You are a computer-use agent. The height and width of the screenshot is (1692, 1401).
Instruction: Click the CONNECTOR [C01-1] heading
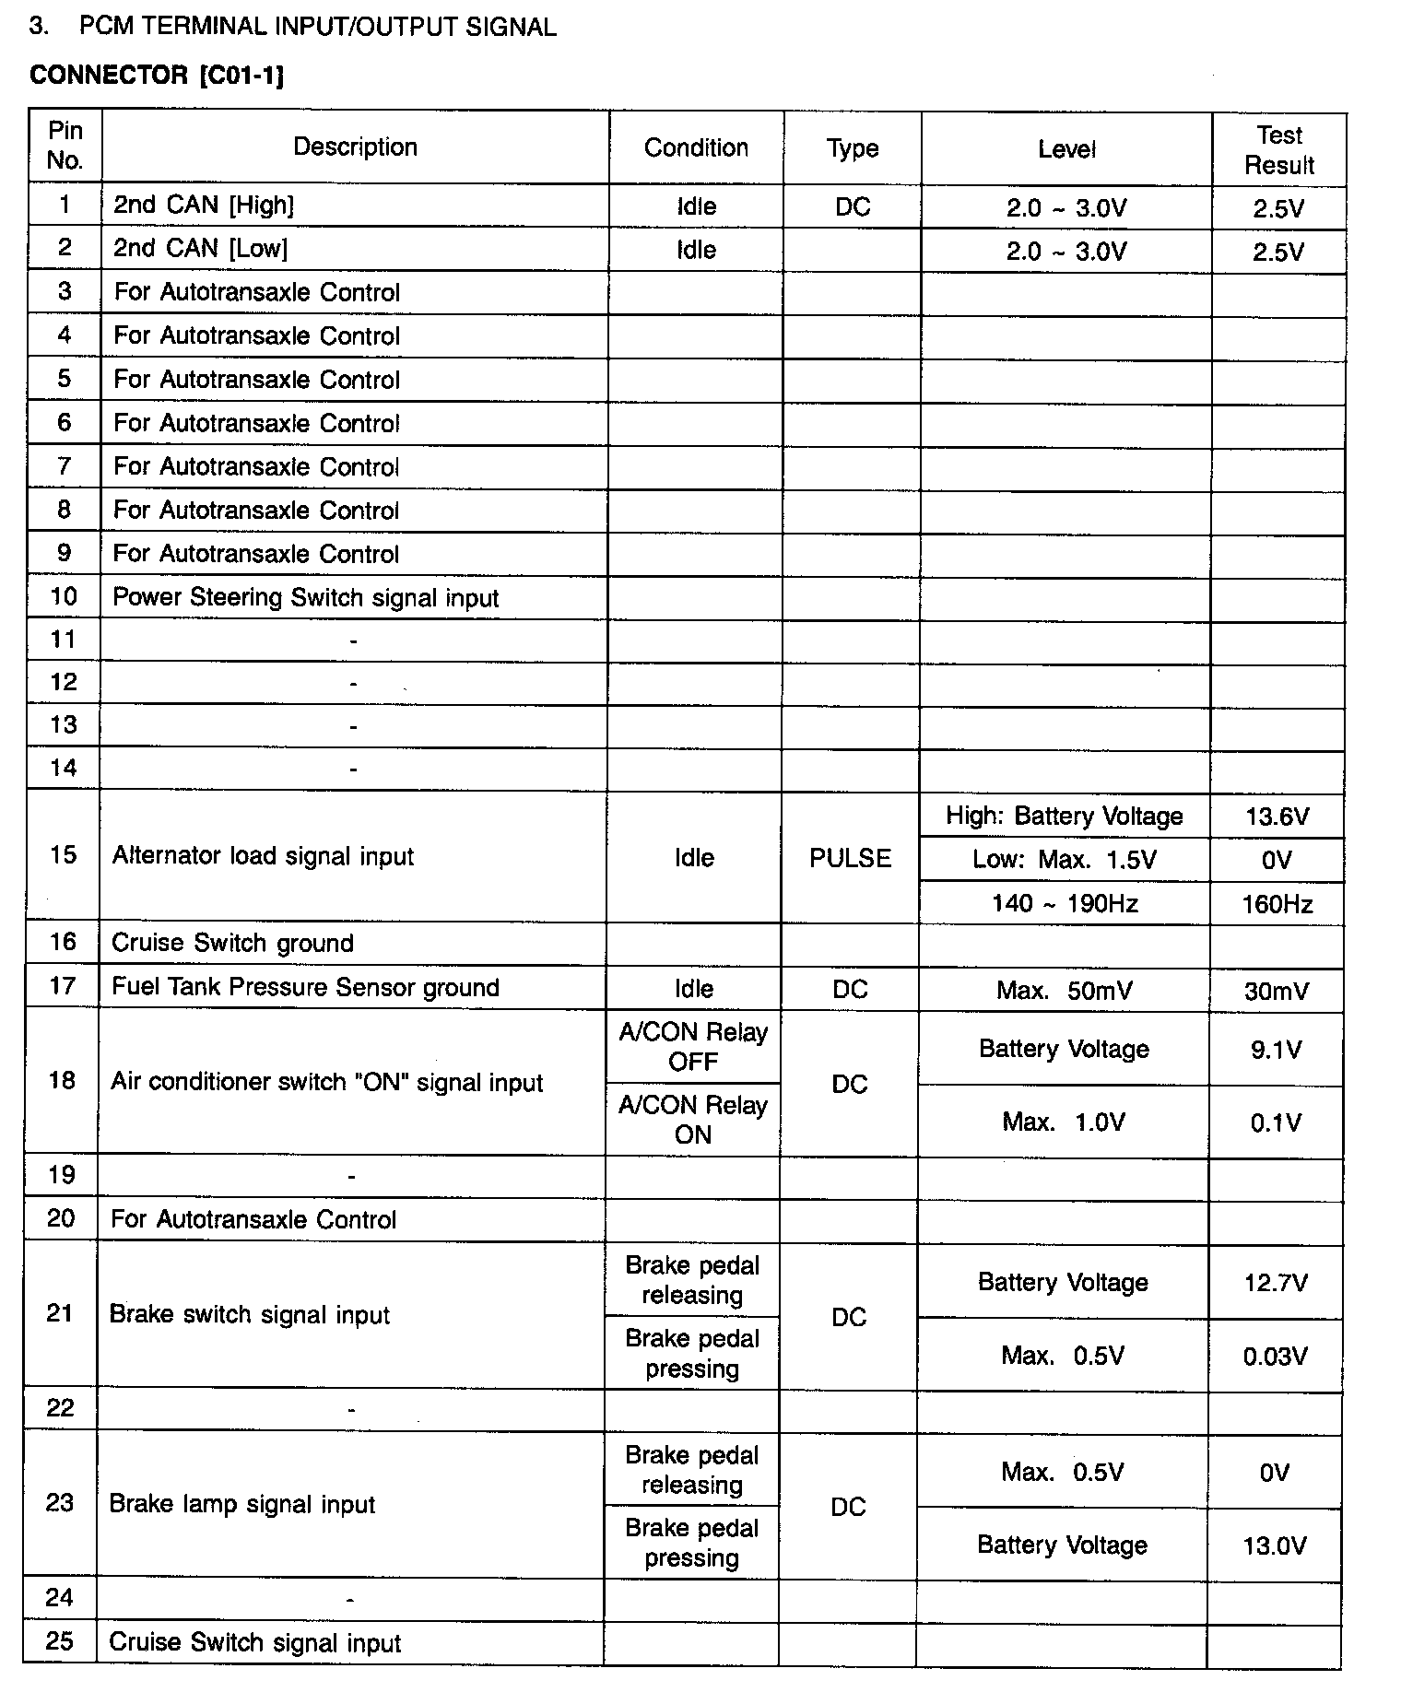click(157, 75)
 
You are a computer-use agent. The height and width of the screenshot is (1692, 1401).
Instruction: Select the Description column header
click(355, 147)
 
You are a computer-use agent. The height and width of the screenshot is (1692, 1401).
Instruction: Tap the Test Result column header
click(1278, 150)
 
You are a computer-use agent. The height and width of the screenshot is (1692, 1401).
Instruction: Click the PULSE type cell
click(850, 858)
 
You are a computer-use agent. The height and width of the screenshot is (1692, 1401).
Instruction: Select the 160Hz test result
click(1277, 904)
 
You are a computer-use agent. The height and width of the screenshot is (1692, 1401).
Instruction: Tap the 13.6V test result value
click(1277, 817)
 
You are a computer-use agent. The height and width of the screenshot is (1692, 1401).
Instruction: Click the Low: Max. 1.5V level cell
click(1064, 860)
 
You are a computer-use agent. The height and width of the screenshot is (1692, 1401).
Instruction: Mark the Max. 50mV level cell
click(1064, 991)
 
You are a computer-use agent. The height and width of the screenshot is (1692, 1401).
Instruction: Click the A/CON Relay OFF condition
click(693, 1047)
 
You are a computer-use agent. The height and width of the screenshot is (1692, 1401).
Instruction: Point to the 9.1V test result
click(1276, 1050)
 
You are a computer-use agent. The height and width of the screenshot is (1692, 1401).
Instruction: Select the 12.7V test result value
click(1275, 1283)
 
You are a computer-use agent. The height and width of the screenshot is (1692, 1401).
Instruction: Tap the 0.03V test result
click(1275, 1357)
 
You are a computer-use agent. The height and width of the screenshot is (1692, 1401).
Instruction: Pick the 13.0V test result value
click(1274, 1545)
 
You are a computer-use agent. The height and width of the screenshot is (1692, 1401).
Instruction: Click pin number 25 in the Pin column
click(60, 1641)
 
